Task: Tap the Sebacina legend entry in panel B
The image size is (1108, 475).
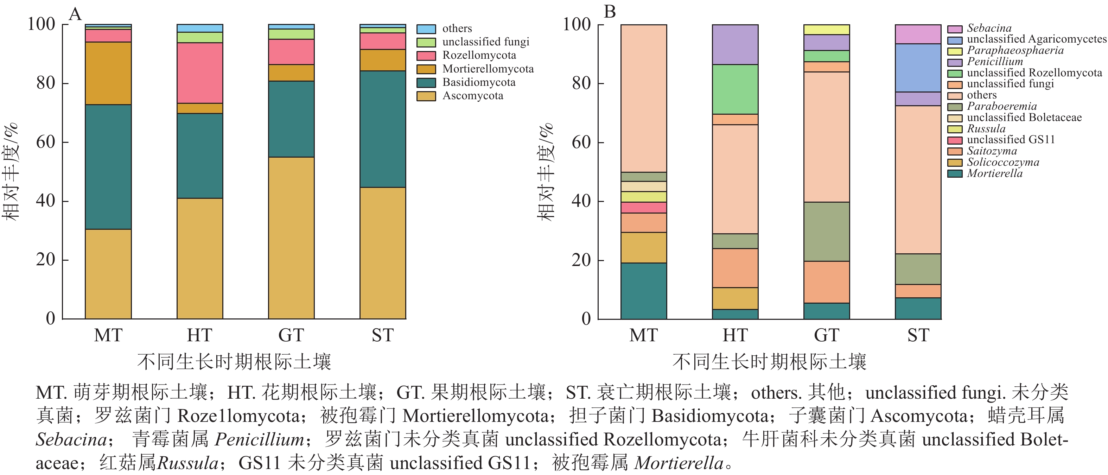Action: [989, 28]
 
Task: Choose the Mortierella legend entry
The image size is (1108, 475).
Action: [994, 173]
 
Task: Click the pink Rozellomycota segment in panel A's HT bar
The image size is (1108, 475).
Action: [200, 73]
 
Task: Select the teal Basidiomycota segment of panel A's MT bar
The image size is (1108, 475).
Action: [108, 167]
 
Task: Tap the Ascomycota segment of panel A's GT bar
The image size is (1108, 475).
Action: [291, 238]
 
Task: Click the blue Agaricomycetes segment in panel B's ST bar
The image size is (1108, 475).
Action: [918, 68]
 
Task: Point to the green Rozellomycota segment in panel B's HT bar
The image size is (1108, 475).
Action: [735, 89]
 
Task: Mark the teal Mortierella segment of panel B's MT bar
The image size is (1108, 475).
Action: [643, 291]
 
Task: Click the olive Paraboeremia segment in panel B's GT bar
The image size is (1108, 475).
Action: [827, 232]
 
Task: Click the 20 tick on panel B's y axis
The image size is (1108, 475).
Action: [581, 260]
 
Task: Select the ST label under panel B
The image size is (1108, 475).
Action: [918, 335]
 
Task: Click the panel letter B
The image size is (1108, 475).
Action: [610, 12]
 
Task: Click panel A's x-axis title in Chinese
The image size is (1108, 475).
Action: [234, 362]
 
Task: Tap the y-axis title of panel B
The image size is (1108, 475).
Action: [546, 172]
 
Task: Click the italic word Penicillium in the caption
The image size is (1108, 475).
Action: [259, 440]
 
